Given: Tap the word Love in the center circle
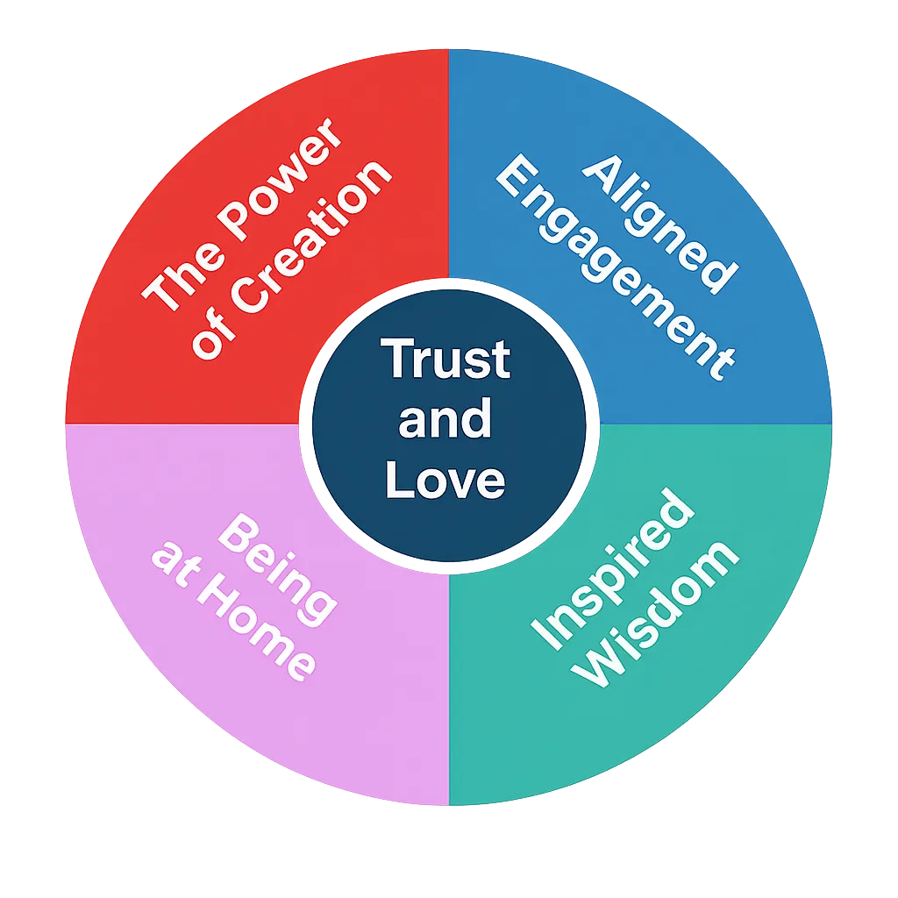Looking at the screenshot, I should [445, 480].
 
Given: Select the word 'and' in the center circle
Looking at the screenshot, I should [445, 420].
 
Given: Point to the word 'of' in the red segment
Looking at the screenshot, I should [210, 339].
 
